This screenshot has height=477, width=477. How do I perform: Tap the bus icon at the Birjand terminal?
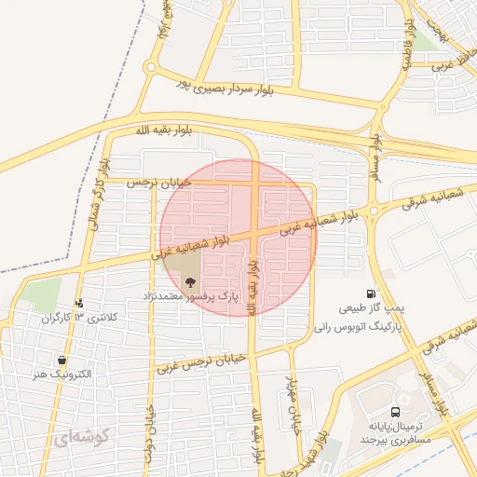coord(396,411)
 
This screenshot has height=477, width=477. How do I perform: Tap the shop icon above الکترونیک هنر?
coord(61,361)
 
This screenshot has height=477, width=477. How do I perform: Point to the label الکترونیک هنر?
coord(61,375)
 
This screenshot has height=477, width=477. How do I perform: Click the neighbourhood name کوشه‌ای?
coord(82,436)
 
